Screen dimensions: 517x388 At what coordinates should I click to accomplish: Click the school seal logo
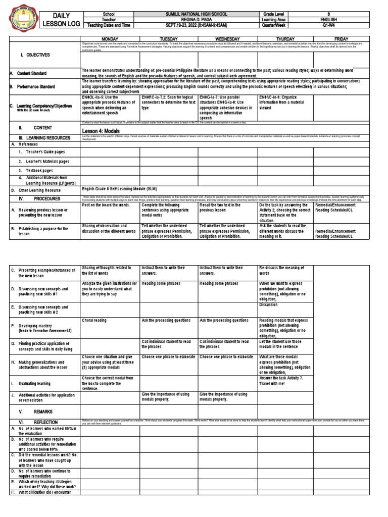tap(20, 19)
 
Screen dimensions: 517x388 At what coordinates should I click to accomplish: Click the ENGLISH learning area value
tap(331, 19)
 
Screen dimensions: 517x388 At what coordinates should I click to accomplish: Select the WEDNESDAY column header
tap(227, 38)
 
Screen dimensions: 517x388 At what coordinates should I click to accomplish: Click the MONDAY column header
tap(110, 38)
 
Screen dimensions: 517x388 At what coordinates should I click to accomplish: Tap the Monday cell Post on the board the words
tap(105, 205)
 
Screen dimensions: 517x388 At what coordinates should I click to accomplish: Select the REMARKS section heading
tap(42, 411)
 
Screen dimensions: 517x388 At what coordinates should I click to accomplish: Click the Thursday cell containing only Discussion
tap(268, 305)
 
